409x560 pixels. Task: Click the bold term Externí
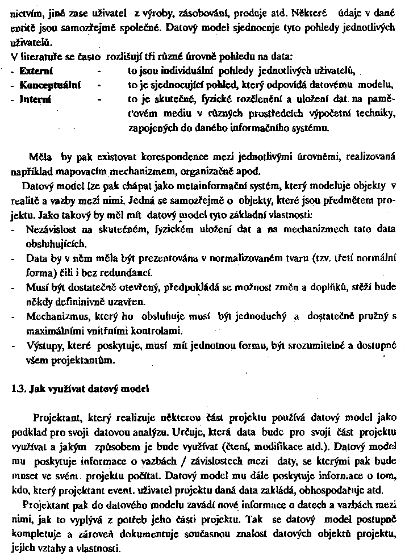coord(36,71)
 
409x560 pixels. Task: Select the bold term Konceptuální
coord(49,85)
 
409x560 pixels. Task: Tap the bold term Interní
coord(35,99)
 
